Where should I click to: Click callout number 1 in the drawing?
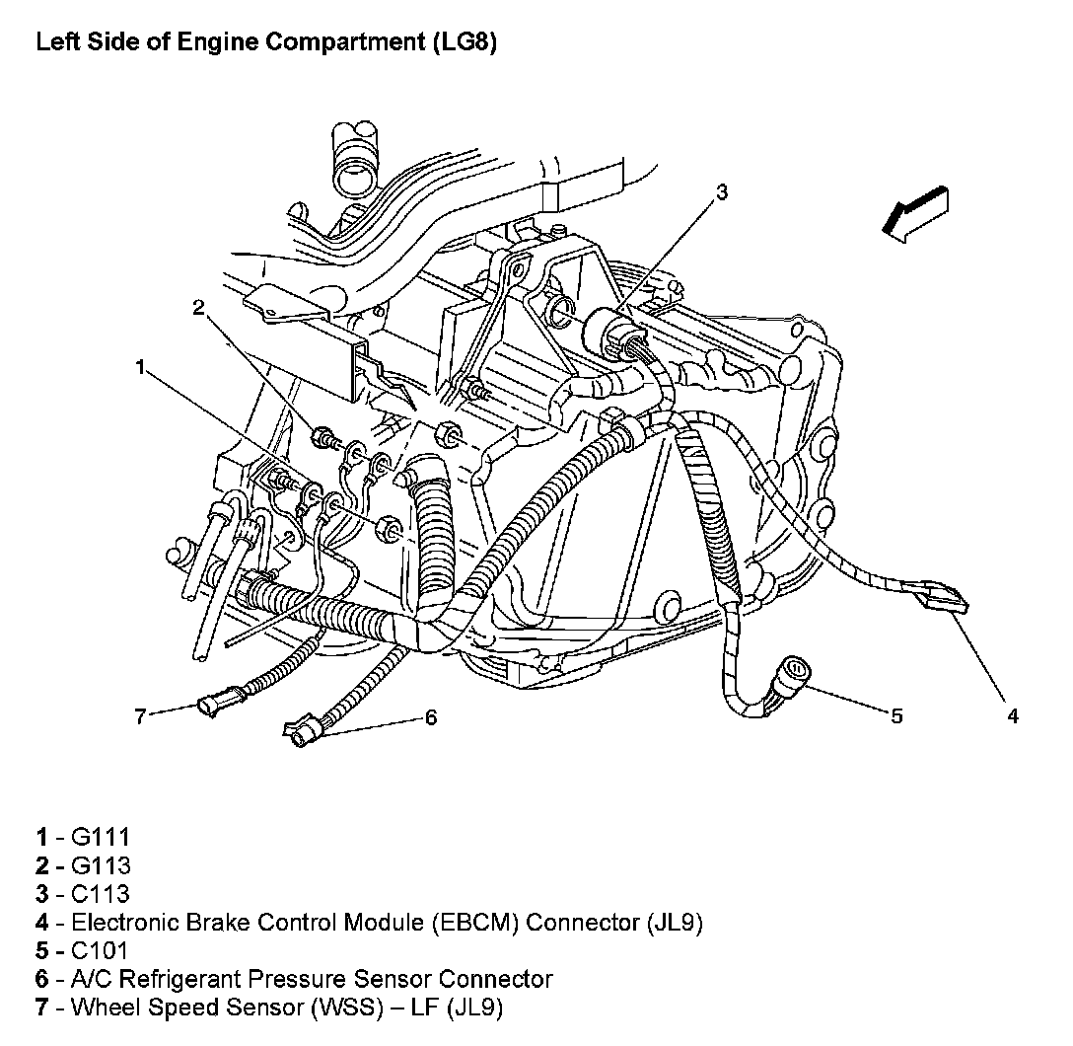tap(141, 368)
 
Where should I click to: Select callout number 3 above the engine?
tap(722, 192)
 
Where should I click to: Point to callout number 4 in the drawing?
tap(1013, 716)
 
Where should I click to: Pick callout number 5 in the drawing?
tap(895, 716)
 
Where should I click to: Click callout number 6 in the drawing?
tap(430, 717)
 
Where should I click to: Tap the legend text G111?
tap(101, 838)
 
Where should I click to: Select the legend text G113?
tap(101, 866)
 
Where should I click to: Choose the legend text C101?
tap(101, 951)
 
